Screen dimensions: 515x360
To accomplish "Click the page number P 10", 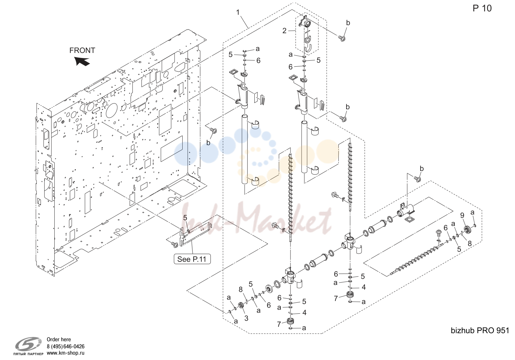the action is click(482, 8).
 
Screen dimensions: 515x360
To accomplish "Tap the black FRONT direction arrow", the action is click(82, 61).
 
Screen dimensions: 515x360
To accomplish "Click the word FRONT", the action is click(82, 50).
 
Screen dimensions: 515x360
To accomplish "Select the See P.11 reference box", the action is click(192, 259).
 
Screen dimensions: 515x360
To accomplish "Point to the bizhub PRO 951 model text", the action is click(479, 330).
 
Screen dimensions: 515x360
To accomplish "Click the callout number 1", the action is click(238, 12).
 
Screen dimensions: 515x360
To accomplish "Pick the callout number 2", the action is click(284, 31).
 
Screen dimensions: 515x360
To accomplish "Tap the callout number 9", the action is click(462, 215).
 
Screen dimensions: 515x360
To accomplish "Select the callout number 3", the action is click(246, 318).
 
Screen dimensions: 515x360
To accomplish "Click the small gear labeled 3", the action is click(241, 306).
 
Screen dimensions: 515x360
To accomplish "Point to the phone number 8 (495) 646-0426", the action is click(66, 347).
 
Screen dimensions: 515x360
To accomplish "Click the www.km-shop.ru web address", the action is click(66, 353).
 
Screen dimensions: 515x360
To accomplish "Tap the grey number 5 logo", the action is click(29, 344).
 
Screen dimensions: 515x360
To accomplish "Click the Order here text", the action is click(59, 339).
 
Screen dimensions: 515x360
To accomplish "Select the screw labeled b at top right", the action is click(342, 38).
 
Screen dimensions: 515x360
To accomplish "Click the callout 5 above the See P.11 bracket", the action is click(185, 218).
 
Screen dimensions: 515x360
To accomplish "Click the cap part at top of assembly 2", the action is click(305, 22).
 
